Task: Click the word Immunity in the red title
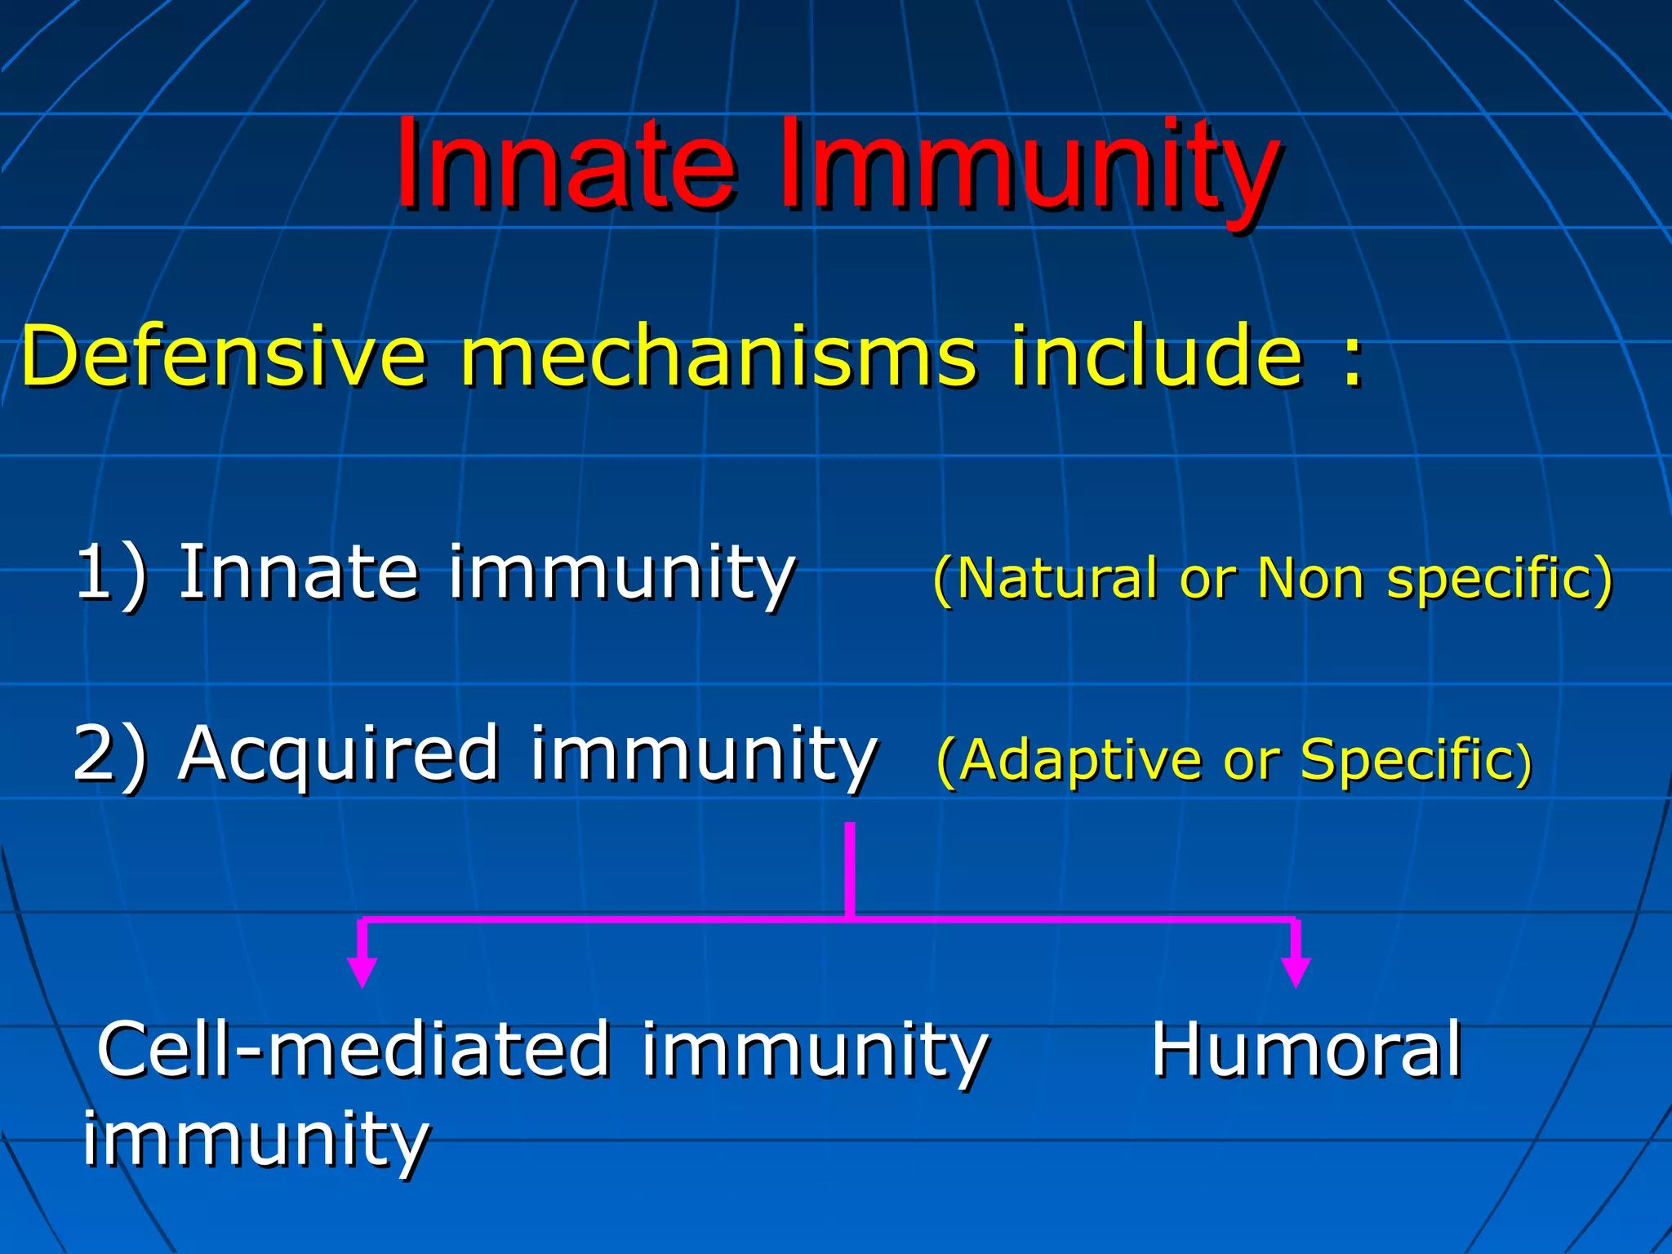(x=1027, y=167)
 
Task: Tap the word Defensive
(x=223, y=357)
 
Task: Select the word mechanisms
(x=718, y=357)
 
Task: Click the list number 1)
(x=111, y=574)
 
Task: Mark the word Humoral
(x=1306, y=1051)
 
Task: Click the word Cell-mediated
(x=353, y=1051)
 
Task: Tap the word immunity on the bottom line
(x=256, y=1139)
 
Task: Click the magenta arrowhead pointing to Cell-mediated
(x=362, y=972)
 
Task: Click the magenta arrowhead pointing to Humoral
(x=1296, y=972)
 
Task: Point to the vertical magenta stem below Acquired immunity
(x=850, y=869)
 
